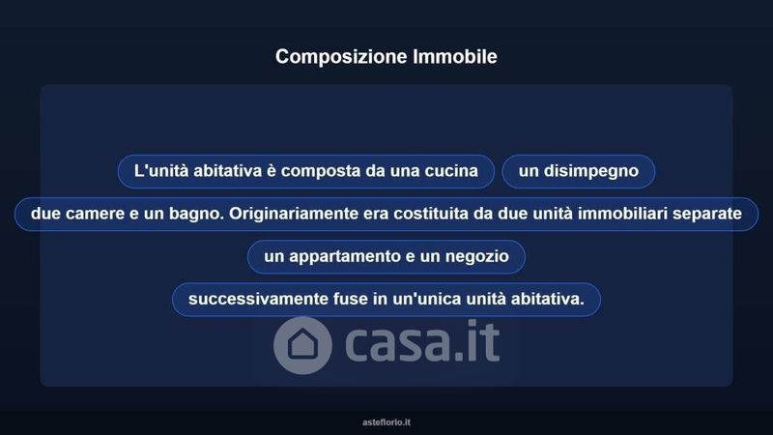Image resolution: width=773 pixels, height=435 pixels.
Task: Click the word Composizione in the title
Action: tap(341, 57)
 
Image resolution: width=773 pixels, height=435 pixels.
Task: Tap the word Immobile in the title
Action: tap(455, 56)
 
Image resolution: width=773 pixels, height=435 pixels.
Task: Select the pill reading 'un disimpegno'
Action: tap(578, 171)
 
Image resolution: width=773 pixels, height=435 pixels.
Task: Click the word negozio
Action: tap(476, 257)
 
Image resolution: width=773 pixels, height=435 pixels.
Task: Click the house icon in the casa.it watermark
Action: tap(302, 344)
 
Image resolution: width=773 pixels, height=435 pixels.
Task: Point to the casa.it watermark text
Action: tap(422, 342)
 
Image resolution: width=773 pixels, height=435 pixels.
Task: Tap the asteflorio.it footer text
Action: tap(386, 422)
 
